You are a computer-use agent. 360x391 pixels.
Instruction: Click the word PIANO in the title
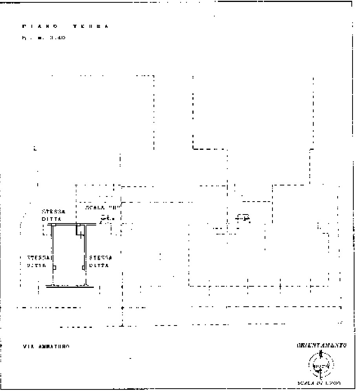point(40,27)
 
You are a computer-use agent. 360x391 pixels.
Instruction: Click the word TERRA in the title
point(90,27)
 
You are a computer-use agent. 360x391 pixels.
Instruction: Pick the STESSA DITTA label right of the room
point(101,262)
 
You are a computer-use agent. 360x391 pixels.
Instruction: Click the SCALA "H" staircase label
point(101,207)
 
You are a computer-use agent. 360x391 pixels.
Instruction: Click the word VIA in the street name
point(28,347)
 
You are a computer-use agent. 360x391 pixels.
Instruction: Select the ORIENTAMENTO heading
point(322,346)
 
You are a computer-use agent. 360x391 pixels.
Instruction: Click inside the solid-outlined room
point(69,255)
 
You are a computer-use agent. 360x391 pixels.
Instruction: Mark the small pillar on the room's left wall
point(54,267)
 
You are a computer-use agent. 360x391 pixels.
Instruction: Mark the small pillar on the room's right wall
point(84,267)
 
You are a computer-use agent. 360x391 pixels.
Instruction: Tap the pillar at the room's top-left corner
point(54,225)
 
